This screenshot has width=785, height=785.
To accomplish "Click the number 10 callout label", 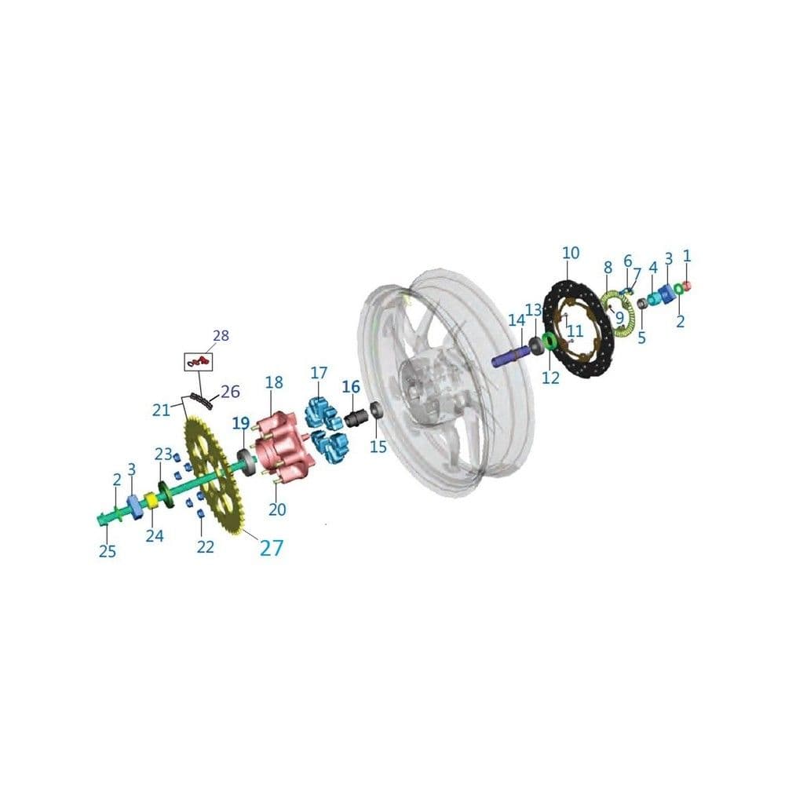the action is click(570, 253).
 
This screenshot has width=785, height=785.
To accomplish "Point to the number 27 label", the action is click(272, 548).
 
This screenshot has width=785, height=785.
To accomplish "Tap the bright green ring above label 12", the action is click(549, 341).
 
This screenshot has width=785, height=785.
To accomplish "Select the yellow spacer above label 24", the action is click(152, 501).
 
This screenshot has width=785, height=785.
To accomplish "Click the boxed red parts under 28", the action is click(199, 361).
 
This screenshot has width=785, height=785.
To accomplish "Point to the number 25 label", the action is click(107, 551).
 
